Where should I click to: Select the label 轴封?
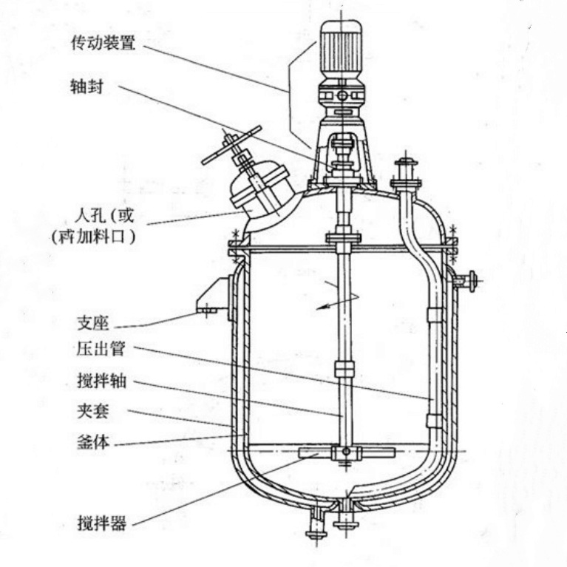click(86, 86)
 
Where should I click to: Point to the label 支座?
click(92, 323)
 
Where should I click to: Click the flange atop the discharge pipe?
click(406, 182)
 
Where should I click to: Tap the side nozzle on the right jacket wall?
click(466, 279)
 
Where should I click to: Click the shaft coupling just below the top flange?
click(342, 240)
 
